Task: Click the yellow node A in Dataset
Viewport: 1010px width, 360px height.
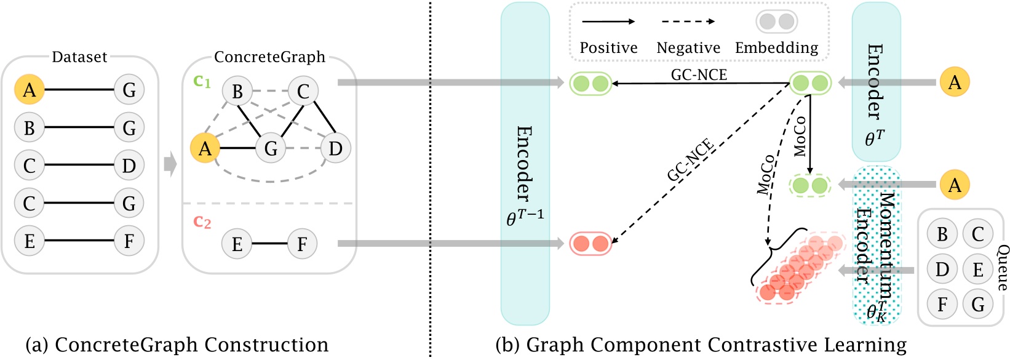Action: [x=30, y=90]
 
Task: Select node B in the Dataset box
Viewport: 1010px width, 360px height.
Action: [x=30, y=128]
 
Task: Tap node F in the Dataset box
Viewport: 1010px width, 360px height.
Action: [x=129, y=241]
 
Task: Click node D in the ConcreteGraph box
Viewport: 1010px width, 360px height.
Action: [x=335, y=148]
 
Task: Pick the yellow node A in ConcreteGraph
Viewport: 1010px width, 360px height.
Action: [x=205, y=148]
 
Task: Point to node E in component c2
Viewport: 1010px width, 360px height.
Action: [x=237, y=244]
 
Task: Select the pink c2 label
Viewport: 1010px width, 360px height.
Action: [x=202, y=222]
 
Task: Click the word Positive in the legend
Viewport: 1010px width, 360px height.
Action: [x=608, y=48]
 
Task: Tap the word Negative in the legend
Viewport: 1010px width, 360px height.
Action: [x=688, y=48]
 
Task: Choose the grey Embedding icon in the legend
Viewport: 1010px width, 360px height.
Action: [x=776, y=22]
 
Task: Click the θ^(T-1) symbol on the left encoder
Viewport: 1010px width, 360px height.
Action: [x=525, y=217]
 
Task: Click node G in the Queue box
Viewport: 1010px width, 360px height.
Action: [x=978, y=304]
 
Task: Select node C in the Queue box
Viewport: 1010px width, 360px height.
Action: [x=978, y=234]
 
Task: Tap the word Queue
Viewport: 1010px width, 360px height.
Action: [x=1002, y=268]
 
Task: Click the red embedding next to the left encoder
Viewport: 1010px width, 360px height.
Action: [x=590, y=244]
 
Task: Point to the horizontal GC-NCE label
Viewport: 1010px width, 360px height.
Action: [x=699, y=74]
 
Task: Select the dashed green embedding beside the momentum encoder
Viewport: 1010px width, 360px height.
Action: [x=809, y=185]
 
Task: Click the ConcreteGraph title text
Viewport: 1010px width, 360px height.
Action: [x=269, y=57]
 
